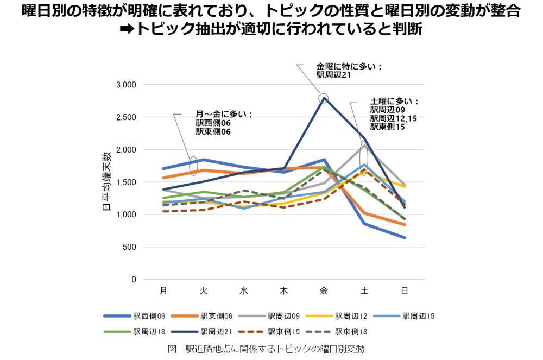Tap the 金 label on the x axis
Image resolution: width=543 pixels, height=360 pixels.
324,290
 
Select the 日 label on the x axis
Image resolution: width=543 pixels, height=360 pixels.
404,290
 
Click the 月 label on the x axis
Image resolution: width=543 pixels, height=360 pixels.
163,290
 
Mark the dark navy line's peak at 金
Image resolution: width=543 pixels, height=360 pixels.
324,98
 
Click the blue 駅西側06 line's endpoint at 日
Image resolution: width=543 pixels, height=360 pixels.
404,238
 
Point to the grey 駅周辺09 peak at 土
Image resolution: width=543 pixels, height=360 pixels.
364,146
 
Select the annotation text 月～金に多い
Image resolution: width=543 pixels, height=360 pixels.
224,115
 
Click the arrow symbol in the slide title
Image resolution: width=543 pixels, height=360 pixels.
126,29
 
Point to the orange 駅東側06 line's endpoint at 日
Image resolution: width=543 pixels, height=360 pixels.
404,224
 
